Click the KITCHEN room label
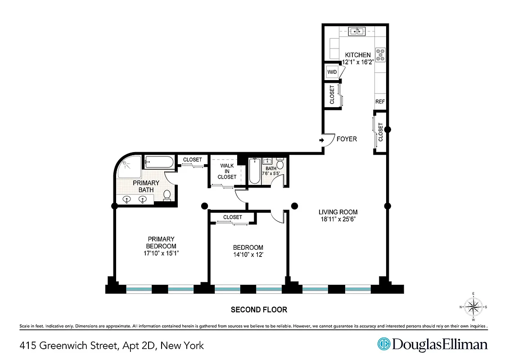(x=358, y=55)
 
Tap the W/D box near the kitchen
(x=332, y=72)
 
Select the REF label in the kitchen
(x=380, y=102)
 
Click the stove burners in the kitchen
(x=381, y=54)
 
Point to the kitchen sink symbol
(x=358, y=31)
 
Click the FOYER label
(x=347, y=139)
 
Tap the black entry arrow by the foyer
(x=322, y=140)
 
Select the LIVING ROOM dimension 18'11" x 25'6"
(x=338, y=220)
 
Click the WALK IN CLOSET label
(x=227, y=171)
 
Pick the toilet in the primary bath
(x=167, y=195)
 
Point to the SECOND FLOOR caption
(x=259, y=310)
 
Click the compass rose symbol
(x=473, y=307)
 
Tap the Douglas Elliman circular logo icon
(x=383, y=344)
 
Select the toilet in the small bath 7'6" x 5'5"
(x=279, y=165)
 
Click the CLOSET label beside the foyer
(x=381, y=133)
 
